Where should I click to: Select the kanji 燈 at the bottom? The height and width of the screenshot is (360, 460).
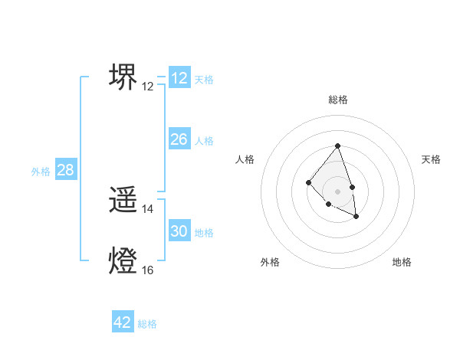[123, 261]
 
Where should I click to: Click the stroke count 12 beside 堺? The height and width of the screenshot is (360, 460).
[148, 87]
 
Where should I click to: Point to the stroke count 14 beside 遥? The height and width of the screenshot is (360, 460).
[148, 209]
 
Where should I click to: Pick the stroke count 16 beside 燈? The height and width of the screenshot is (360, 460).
[148, 270]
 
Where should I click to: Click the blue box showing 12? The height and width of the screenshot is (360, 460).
[179, 78]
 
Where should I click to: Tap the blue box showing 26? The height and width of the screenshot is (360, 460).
[179, 139]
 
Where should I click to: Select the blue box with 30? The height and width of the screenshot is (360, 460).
[179, 231]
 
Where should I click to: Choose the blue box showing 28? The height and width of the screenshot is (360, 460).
[66, 170]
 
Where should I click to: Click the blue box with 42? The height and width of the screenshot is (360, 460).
[123, 322]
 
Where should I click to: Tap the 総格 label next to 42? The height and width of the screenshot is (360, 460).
[147, 324]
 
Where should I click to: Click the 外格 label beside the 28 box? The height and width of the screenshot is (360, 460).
[41, 172]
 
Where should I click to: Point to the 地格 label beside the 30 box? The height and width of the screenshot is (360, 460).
[204, 233]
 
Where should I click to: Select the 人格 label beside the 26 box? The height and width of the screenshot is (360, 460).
[204, 141]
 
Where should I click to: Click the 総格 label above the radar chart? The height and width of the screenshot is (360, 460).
[338, 100]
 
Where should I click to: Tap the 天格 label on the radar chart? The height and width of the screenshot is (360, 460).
[431, 159]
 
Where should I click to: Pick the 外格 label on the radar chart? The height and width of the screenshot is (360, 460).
[270, 262]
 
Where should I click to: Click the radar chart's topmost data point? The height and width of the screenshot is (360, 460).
[338, 146]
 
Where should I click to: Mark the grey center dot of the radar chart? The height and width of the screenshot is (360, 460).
[338, 191]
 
